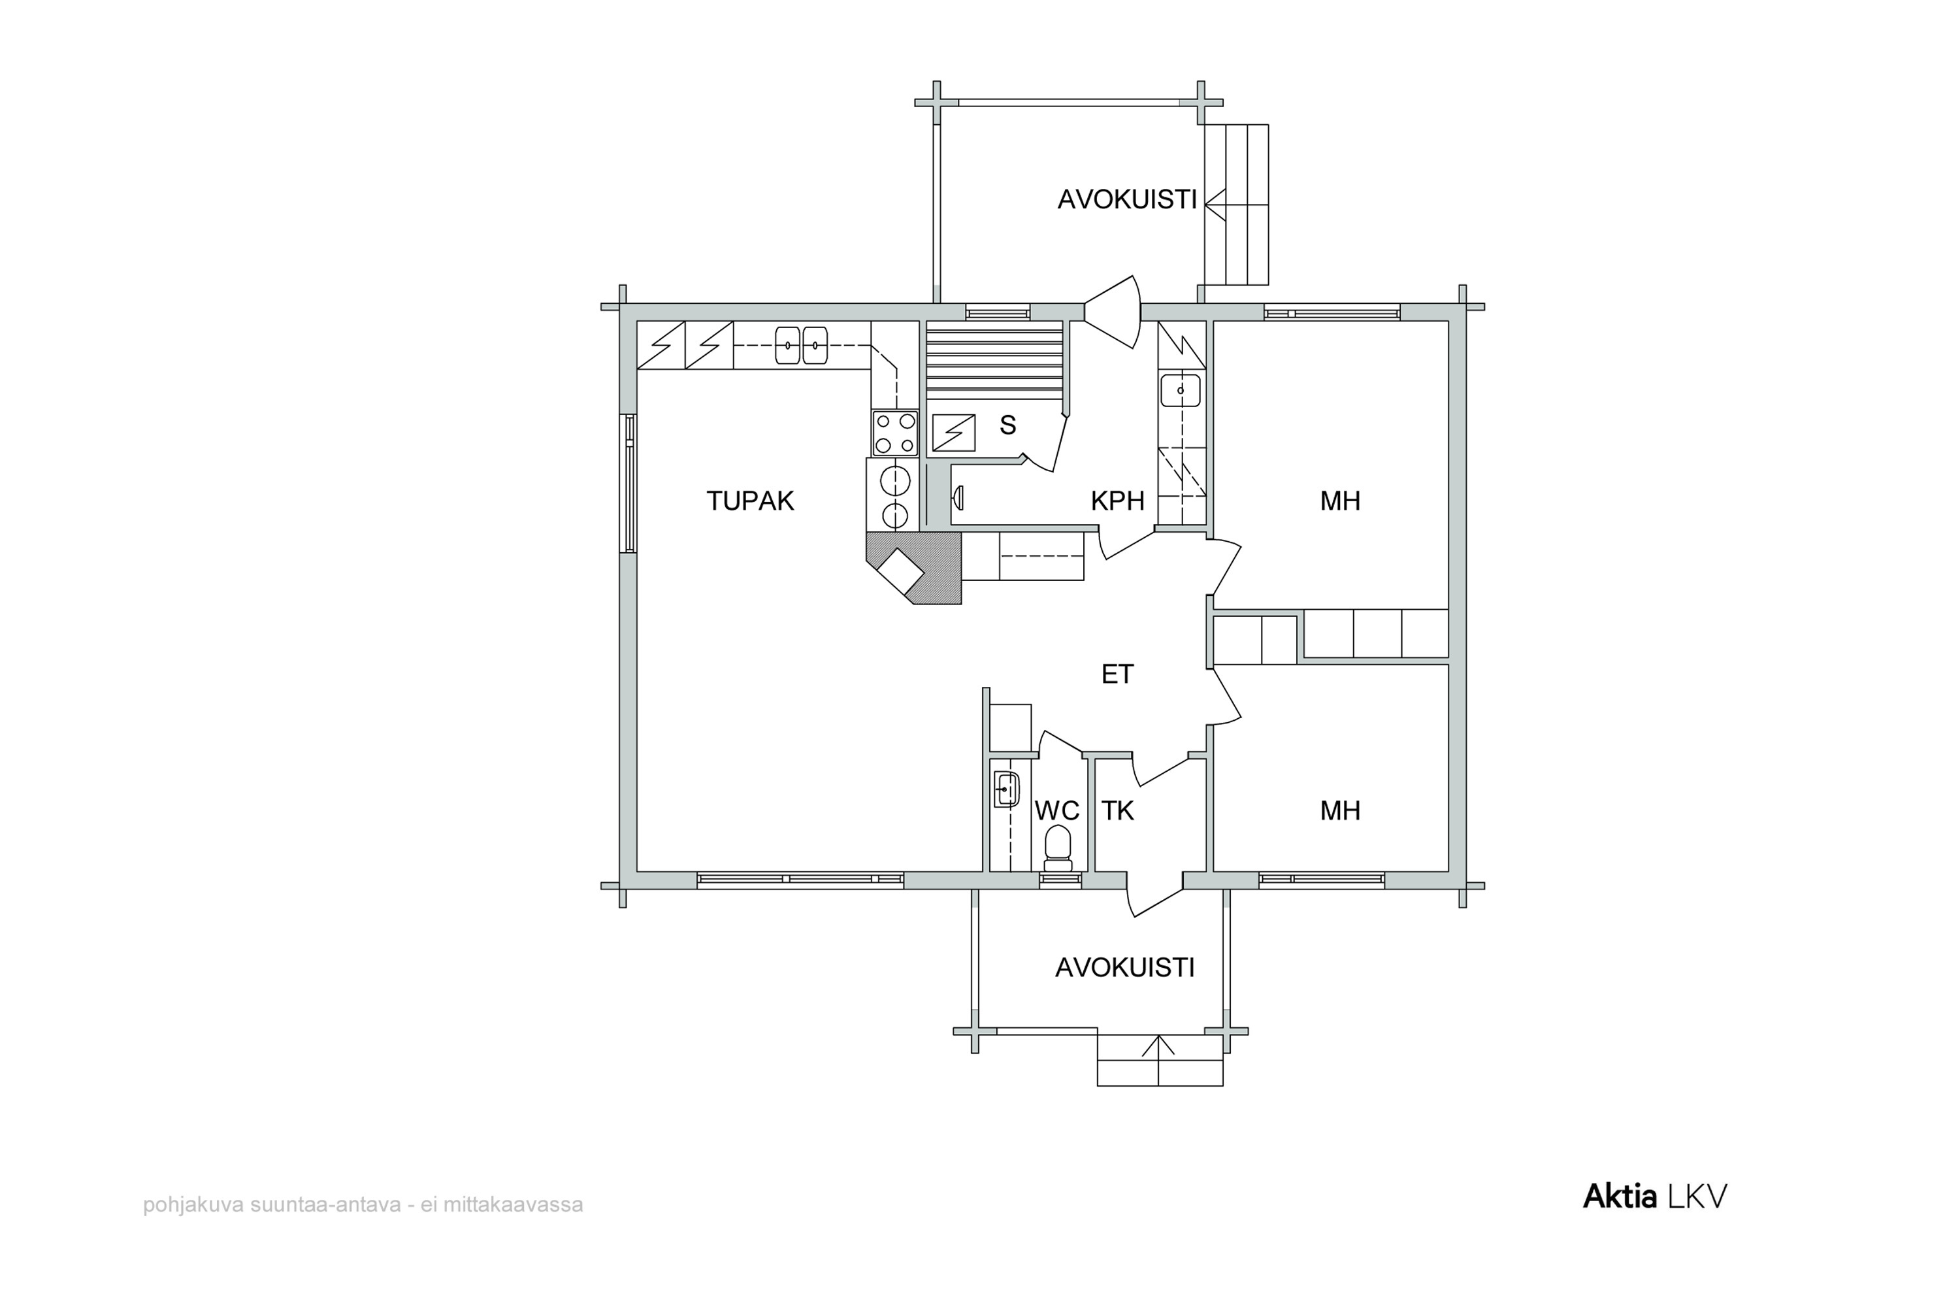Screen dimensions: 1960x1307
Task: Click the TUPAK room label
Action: pos(750,501)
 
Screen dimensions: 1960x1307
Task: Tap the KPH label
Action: pos(1117,501)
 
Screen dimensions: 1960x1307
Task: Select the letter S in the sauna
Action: pos(1007,425)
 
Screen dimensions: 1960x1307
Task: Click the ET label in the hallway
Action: pos(1117,674)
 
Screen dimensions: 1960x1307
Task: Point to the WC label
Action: pos(1056,810)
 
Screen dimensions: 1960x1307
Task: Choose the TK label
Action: pos(1117,810)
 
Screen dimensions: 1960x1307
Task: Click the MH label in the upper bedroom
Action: pos(1340,501)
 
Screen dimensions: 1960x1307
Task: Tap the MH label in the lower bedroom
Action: pos(1340,810)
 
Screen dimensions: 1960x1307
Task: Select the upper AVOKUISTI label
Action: pos(1126,199)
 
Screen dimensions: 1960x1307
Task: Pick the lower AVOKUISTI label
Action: pos(1124,967)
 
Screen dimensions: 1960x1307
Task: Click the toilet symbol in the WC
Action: pos(1058,848)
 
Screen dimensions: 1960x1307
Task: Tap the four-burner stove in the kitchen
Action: pos(895,433)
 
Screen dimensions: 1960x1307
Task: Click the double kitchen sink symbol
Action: pos(801,345)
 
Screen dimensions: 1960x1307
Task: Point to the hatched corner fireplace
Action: pos(914,568)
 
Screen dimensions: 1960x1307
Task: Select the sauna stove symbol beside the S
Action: pos(953,433)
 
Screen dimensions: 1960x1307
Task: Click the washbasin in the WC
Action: pos(1007,789)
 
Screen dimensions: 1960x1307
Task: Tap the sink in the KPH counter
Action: pos(1181,390)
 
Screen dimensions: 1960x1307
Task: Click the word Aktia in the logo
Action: pos(1619,1197)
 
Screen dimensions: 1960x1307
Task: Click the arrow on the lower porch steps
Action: pos(1158,1045)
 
